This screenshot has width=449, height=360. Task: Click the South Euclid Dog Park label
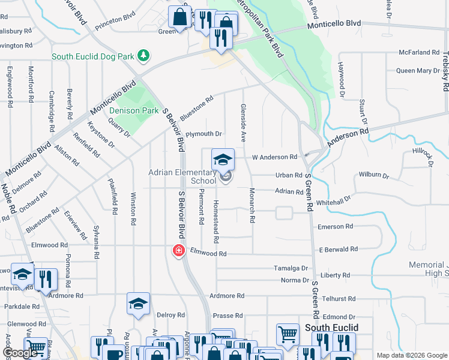click(92, 57)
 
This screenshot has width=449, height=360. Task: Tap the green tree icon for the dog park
click(143, 56)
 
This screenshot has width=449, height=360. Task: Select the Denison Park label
click(133, 110)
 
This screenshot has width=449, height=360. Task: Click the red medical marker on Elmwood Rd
click(178, 251)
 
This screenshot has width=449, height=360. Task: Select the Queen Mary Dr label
click(418, 71)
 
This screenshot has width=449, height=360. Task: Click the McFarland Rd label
click(419, 53)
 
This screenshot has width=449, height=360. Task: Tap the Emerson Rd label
click(335, 227)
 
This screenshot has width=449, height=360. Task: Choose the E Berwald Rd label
click(338, 249)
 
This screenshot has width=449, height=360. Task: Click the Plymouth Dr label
click(203, 134)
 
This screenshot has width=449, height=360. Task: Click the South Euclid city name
click(331, 328)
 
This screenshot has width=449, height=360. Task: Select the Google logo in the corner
click(20, 353)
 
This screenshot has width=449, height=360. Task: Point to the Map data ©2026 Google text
click(411, 355)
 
